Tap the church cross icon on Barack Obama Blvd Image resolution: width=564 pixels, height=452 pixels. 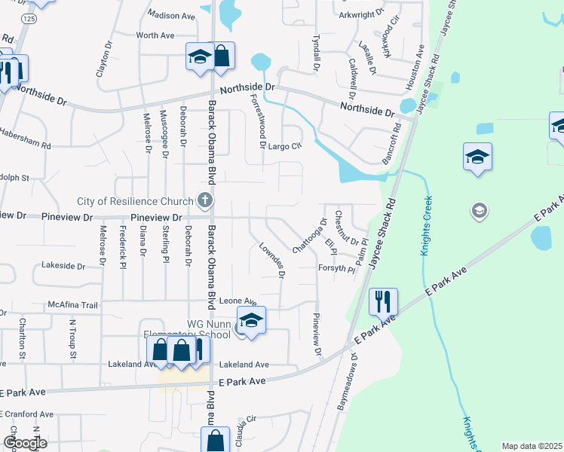pos(204,200)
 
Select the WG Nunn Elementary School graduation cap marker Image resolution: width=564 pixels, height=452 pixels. pos(251,319)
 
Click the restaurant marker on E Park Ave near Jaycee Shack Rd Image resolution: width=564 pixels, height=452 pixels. pos(383,302)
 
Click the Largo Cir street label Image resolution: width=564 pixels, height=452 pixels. pos(285,147)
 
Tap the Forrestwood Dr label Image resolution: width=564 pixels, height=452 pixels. pos(258,118)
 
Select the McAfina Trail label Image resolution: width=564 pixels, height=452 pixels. pos(73,305)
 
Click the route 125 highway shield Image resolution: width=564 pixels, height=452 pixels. pos(27,20)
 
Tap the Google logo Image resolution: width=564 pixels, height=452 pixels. pos(25,443)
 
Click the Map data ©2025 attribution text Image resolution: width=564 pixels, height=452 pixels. pos(532,446)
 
